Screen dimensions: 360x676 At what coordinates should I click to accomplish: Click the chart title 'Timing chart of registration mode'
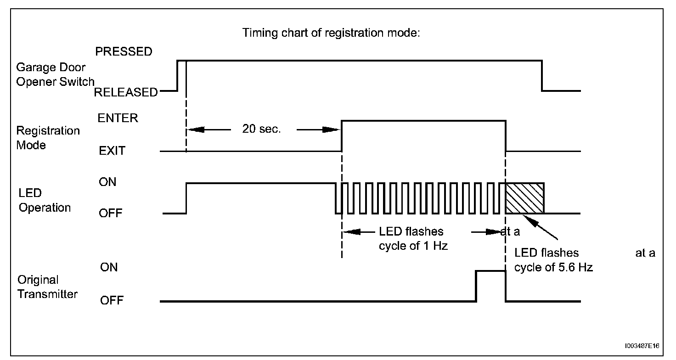(x=331, y=33)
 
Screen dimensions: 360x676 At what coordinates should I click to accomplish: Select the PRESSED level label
(x=124, y=52)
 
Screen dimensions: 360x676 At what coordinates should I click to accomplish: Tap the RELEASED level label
(x=125, y=92)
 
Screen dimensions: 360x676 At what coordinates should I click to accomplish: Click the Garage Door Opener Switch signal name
(x=55, y=75)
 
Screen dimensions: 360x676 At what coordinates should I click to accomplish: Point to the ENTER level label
(x=118, y=118)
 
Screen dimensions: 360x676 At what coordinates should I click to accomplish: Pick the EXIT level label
(x=112, y=151)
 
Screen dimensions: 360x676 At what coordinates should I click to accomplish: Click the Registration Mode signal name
(x=48, y=138)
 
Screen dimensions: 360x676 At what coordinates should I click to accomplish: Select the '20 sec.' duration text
(x=261, y=129)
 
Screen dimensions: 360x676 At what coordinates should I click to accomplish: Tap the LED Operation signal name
(x=44, y=201)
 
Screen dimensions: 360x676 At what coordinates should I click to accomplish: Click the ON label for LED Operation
(x=107, y=182)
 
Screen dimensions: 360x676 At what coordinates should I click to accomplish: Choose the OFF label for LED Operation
(x=110, y=214)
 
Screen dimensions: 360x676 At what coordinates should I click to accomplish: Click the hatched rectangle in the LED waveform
(x=524, y=198)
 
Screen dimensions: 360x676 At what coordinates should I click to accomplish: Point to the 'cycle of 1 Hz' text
(x=413, y=246)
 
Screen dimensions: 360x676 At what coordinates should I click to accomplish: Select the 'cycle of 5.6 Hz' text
(x=553, y=268)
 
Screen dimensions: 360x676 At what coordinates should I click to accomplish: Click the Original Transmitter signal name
(x=47, y=287)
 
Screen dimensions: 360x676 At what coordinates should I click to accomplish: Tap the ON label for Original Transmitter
(x=108, y=267)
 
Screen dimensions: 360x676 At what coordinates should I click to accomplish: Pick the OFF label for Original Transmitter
(x=111, y=301)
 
